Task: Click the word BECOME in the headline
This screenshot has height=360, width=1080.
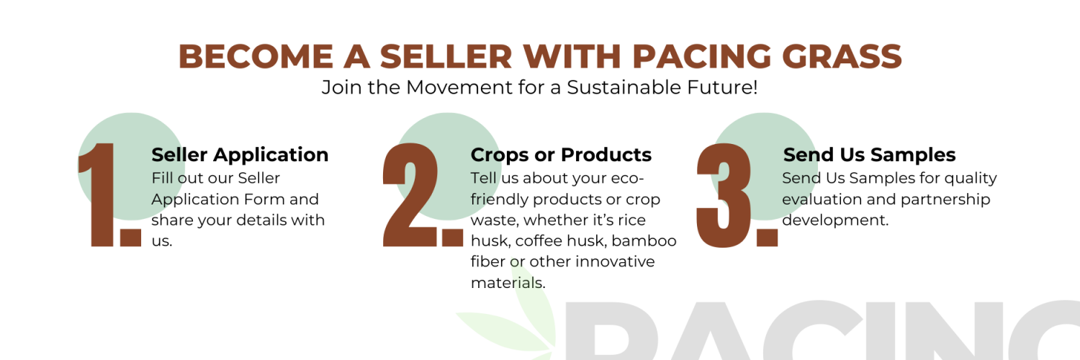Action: (x=256, y=56)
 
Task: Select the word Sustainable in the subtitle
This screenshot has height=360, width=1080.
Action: (x=624, y=87)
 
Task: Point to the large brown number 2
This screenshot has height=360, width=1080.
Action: (x=410, y=194)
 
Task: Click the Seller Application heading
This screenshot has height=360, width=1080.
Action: (x=240, y=155)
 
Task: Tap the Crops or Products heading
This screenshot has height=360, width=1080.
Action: (x=561, y=155)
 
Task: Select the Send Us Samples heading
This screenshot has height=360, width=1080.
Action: (x=869, y=155)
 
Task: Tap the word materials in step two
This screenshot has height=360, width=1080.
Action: (x=507, y=282)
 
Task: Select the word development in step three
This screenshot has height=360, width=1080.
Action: (x=833, y=220)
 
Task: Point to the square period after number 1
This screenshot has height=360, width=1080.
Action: (x=130, y=238)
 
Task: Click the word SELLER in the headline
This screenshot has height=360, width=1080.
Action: (x=446, y=56)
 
